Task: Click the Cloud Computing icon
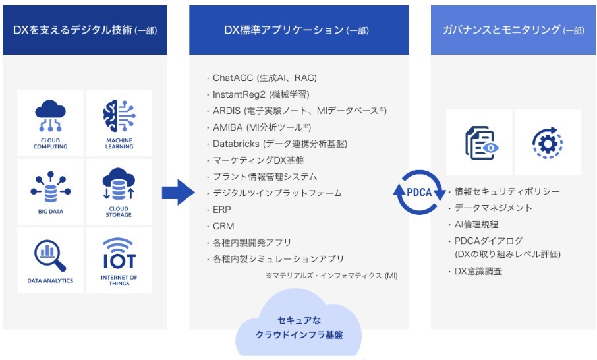(50, 116)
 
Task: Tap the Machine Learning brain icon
(119, 116)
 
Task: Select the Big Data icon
(50, 187)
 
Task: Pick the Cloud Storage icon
(119, 184)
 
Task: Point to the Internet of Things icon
(119, 253)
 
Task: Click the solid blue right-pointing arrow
(178, 193)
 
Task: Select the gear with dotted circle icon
(548, 143)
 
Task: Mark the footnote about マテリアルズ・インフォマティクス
(331, 276)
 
